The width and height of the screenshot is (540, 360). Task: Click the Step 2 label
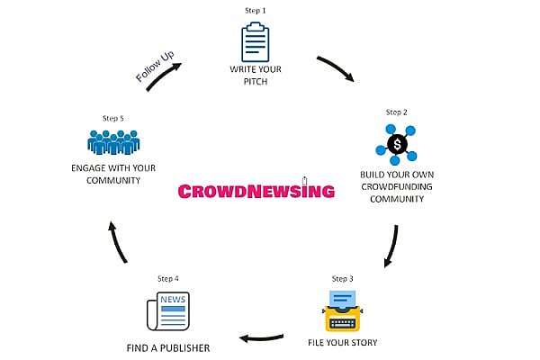tap(397, 112)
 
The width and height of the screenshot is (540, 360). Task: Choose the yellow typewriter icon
tap(342, 310)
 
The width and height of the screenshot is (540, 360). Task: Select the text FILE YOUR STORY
tap(342, 342)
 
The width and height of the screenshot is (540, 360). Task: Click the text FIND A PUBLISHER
tap(167, 346)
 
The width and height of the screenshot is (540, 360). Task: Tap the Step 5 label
tap(112, 118)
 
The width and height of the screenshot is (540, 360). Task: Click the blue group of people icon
tap(113, 143)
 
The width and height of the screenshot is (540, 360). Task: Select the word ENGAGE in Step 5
tap(87, 167)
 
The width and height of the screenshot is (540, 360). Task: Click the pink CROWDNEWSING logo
tap(256, 191)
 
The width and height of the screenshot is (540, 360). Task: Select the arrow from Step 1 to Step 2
tap(335, 71)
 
